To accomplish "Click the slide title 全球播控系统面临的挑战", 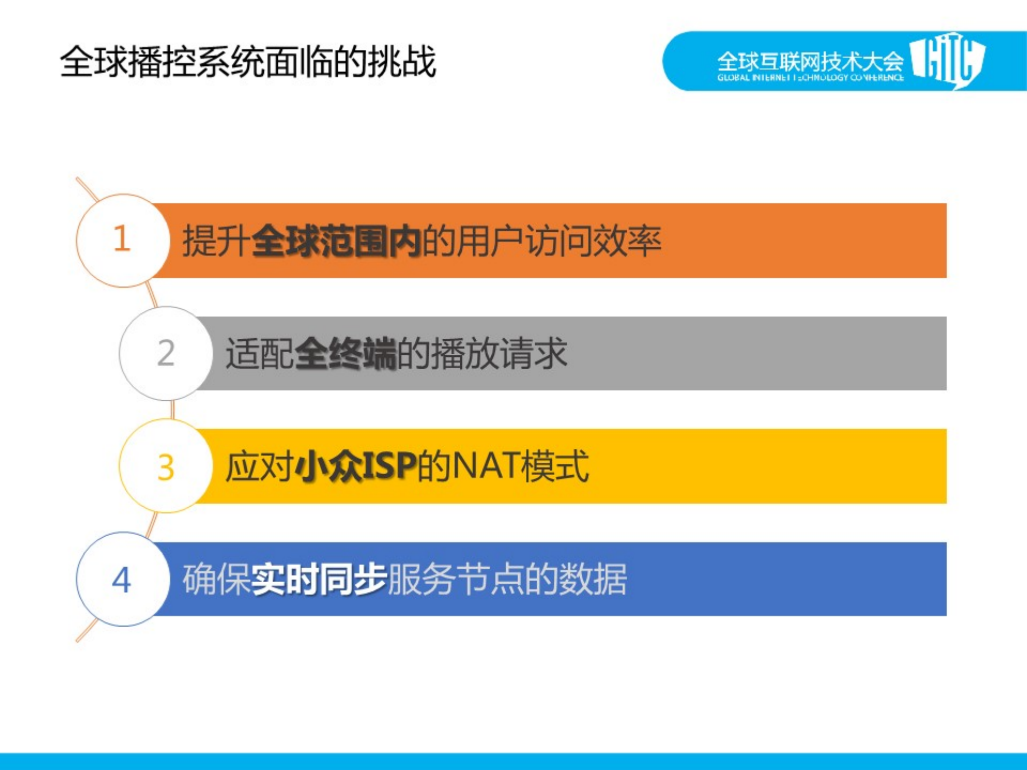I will [x=248, y=62].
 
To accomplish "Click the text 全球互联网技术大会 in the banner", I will [x=810, y=62].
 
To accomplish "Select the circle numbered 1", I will [x=123, y=240].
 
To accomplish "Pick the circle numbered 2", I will [x=166, y=353].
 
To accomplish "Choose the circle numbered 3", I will [x=166, y=466].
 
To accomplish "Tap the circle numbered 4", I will [x=123, y=579].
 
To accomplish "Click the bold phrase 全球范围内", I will [x=336, y=241].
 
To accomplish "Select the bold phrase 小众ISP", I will [x=355, y=466].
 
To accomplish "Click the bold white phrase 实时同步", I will [x=319, y=579].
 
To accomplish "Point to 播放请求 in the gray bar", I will [x=499, y=353].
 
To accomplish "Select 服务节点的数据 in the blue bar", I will [x=507, y=579].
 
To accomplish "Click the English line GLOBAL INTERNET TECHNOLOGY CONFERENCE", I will [x=810, y=78].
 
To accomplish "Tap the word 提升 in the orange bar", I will [x=216, y=241].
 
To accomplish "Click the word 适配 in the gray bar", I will [x=259, y=353].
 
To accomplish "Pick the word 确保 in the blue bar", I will [x=216, y=579].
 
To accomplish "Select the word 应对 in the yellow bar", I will [x=259, y=466].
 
